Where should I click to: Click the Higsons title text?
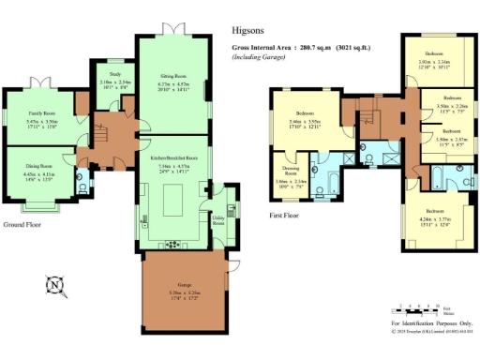pos(246,30)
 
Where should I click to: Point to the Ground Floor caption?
pos(24,226)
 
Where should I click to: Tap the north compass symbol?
pos(56,283)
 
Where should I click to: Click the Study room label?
pos(114,72)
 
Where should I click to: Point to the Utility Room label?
pos(217,221)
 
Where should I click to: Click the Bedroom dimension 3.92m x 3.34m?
pos(437,63)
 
